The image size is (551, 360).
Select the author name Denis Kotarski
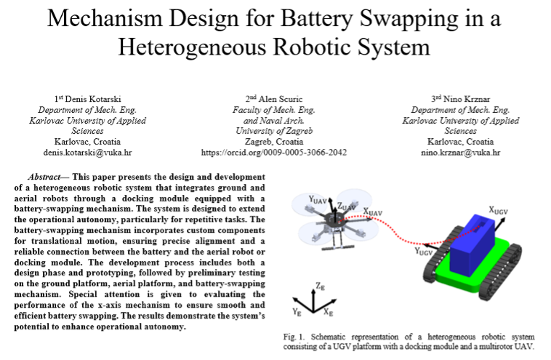tap(93, 99)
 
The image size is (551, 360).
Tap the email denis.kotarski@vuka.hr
tap(87, 153)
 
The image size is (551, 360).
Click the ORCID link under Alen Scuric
tap(274, 153)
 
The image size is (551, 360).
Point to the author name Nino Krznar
tap(466, 99)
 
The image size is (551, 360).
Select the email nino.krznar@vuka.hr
tap(460, 153)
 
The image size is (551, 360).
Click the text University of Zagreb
tap(274, 131)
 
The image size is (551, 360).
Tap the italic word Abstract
tap(44, 177)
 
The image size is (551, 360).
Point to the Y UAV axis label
tap(318, 200)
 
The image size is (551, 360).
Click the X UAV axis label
tap(372, 212)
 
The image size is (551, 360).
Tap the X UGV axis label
tap(498, 211)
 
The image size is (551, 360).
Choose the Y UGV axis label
tap(423, 252)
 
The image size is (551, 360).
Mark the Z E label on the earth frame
tap(320, 286)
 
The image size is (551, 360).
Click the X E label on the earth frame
tap(329, 312)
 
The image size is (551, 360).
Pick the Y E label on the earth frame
tap(297, 311)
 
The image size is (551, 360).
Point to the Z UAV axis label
tap(347, 207)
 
